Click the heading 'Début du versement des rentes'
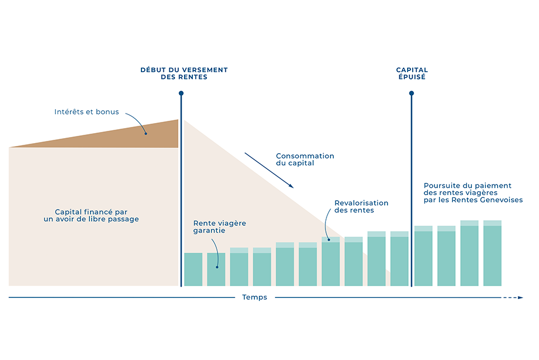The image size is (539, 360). pyautogui.click(x=184, y=73)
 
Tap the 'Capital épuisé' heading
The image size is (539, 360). pyautogui.click(x=411, y=73)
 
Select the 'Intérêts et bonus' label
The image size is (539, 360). pyautogui.click(x=87, y=112)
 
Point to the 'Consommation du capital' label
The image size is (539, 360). pyautogui.click(x=305, y=160)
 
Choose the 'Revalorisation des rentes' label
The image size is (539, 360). pyautogui.click(x=361, y=206)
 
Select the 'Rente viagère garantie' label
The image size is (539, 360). pyautogui.click(x=220, y=226)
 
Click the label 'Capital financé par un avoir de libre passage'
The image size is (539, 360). pyautogui.click(x=91, y=215)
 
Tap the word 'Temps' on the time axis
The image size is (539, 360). pyautogui.click(x=254, y=297)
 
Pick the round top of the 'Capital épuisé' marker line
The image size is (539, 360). pyautogui.click(x=412, y=93)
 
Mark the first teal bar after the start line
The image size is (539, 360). pyautogui.click(x=193, y=269)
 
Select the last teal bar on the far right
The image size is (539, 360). pyautogui.click(x=492, y=254)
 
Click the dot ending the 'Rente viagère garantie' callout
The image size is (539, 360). pyautogui.click(x=217, y=267)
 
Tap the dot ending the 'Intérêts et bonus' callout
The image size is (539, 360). pyautogui.click(x=145, y=133)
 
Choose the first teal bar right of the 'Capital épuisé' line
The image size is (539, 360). pyautogui.click(x=423, y=257)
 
